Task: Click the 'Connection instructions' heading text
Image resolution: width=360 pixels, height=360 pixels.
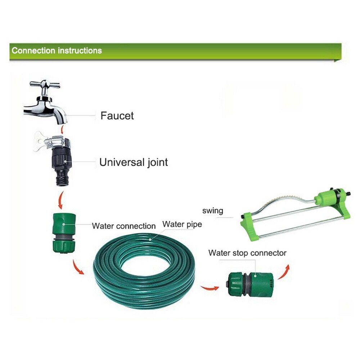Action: (x=57, y=50)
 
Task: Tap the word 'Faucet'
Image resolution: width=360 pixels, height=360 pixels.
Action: (x=117, y=116)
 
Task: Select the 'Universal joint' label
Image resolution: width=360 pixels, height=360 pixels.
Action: (x=134, y=162)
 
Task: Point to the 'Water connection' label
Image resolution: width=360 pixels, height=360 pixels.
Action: (x=124, y=226)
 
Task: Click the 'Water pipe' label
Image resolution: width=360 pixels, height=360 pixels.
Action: (x=182, y=224)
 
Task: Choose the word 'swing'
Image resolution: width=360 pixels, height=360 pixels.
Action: (x=213, y=211)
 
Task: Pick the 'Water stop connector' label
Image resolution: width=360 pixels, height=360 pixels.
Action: (x=247, y=253)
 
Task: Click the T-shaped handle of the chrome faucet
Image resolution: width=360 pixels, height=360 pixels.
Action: (x=45, y=85)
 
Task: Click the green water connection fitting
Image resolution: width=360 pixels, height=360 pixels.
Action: (x=64, y=233)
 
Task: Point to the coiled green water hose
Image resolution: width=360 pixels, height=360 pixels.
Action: (x=144, y=271)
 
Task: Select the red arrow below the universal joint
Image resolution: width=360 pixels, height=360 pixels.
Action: (x=60, y=201)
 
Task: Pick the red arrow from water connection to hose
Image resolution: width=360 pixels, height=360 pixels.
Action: (x=78, y=267)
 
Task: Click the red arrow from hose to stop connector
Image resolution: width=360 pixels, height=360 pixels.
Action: (x=210, y=288)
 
